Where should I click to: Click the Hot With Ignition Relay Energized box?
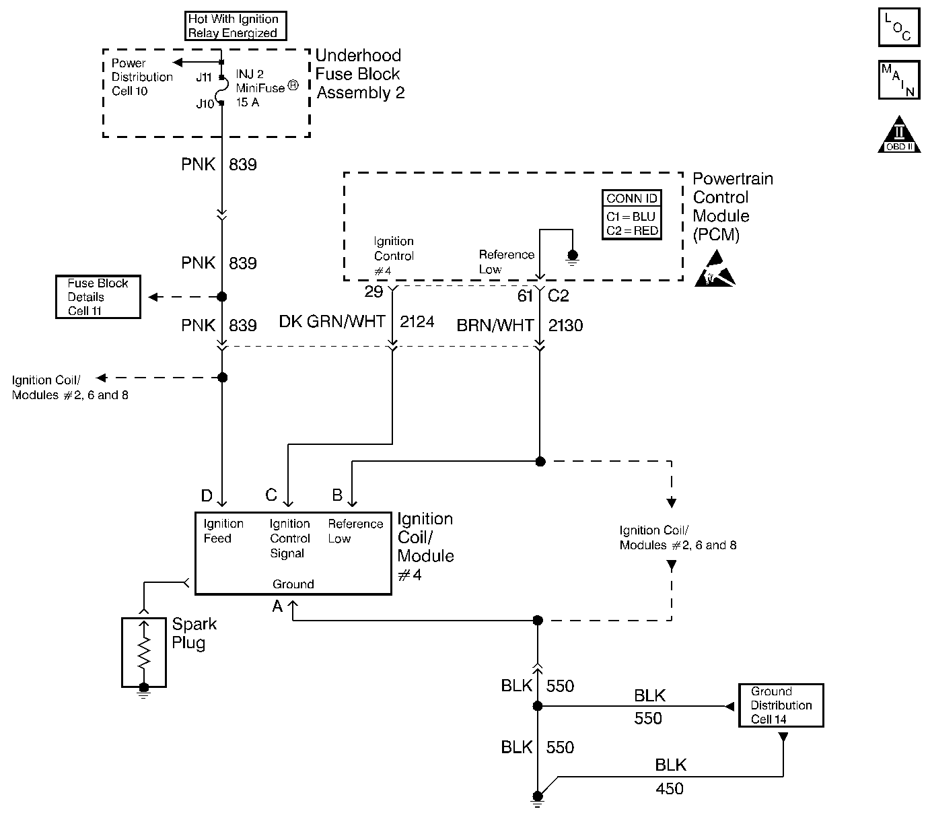(x=236, y=26)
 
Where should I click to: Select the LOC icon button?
(x=899, y=27)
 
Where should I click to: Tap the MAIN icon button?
(x=899, y=80)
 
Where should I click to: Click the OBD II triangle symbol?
(x=899, y=134)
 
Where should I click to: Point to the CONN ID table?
(x=631, y=215)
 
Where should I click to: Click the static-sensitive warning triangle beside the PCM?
(x=715, y=269)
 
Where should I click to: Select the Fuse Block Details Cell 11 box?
(x=98, y=297)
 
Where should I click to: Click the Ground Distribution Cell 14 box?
(x=781, y=705)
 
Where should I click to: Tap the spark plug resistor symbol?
(x=144, y=651)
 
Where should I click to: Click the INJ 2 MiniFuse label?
(x=266, y=88)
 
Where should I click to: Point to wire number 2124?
(x=417, y=321)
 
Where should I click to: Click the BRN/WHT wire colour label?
(x=495, y=326)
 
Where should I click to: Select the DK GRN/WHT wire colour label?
(x=332, y=321)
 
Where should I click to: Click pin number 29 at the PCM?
(x=373, y=291)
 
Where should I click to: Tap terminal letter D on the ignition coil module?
(x=207, y=495)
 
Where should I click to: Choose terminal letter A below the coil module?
(x=277, y=606)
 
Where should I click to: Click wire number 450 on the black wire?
(x=670, y=788)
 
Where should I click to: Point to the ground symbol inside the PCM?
(x=573, y=258)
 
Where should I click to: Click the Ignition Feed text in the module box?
(x=223, y=531)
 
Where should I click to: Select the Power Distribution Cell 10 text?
(x=142, y=77)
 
